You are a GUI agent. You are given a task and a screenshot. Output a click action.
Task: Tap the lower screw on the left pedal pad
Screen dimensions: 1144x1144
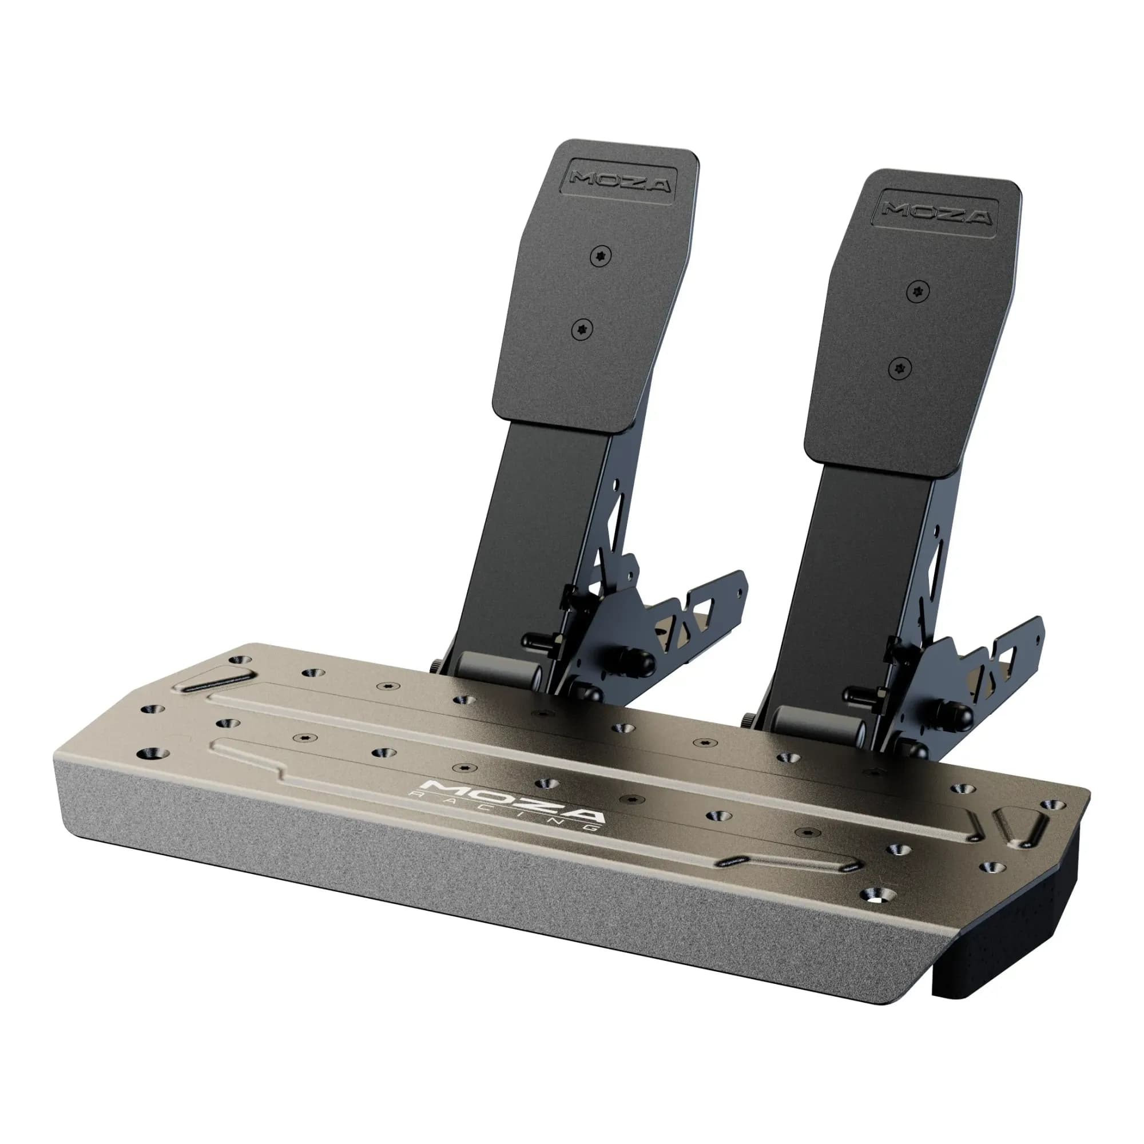click(x=583, y=329)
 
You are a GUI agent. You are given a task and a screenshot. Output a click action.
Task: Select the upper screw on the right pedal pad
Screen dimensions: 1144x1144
click(x=917, y=291)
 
